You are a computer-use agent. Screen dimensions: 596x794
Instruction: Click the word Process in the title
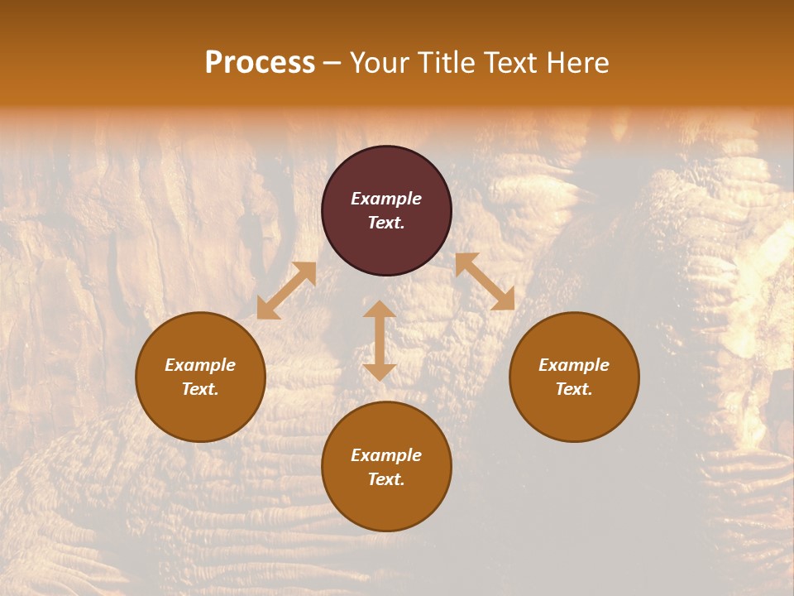(x=260, y=63)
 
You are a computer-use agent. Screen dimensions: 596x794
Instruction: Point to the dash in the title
(x=332, y=64)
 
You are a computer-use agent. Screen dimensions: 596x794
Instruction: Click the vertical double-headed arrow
(x=380, y=340)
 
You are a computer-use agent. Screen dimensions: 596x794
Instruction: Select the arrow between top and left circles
(x=286, y=291)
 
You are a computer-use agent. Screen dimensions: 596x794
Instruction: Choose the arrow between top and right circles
(x=485, y=281)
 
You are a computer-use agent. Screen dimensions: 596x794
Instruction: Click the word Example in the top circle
(x=386, y=199)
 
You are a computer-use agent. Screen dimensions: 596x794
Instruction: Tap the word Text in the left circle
(x=200, y=389)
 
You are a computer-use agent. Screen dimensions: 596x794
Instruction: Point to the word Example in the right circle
(x=574, y=365)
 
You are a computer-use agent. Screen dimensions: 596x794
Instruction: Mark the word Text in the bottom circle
(x=386, y=479)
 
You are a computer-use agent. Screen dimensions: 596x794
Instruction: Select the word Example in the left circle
(x=200, y=365)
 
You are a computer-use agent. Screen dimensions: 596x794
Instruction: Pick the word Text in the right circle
(x=574, y=389)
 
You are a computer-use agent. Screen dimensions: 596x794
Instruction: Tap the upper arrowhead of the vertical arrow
(x=380, y=310)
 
